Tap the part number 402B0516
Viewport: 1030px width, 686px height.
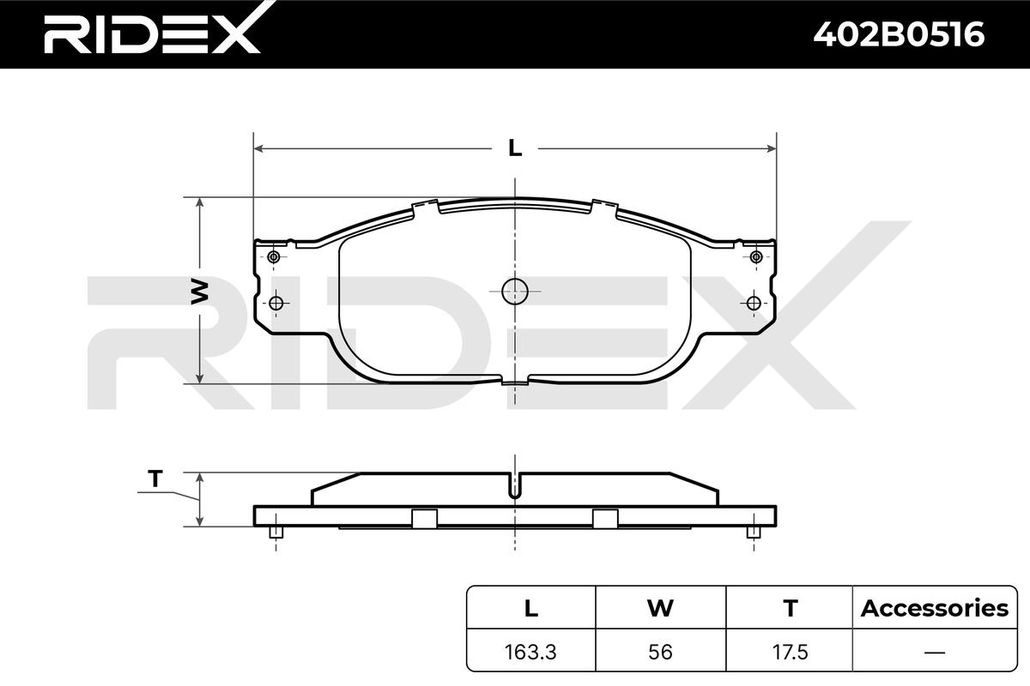[x=899, y=34]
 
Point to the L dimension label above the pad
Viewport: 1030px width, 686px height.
[x=515, y=148]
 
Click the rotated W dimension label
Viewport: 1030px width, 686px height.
[x=199, y=292]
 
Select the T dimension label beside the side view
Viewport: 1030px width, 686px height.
[x=155, y=478]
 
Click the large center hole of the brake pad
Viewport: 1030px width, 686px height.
[x=514, y=292]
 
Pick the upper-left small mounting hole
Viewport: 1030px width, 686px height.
[x=274, y=256]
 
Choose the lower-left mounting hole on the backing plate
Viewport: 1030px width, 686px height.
[x=276, y=304]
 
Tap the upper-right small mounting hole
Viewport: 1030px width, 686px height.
[x=756, y=256]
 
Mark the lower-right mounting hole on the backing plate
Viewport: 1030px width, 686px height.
[x=754, y=304]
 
